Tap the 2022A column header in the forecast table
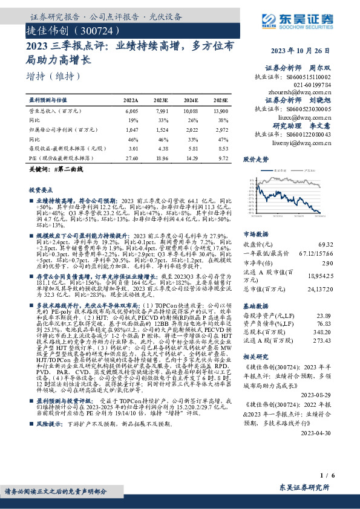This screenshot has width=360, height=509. (131, 100)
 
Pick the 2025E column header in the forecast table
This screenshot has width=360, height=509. (221, 100)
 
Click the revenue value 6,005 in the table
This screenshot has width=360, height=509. (131, 112)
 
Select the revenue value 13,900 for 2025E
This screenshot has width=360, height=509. (221, 112)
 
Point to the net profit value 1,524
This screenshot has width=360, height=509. (161, 129)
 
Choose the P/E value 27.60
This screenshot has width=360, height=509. (131, 157)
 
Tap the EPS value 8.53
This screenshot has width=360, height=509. (223, 148)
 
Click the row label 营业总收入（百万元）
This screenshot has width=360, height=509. (55, 112)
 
